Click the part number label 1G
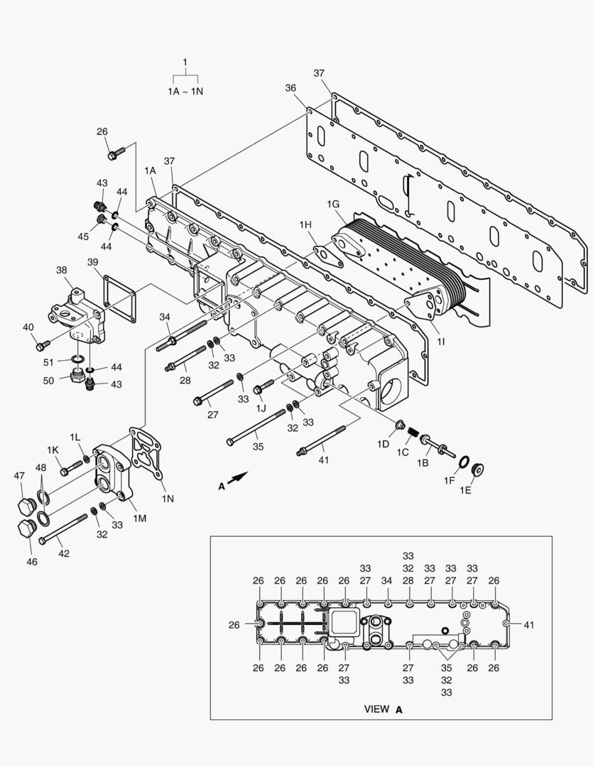pyautogui.click(x=333, y=205)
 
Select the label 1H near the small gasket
pyautogui.click(x=305, y=225)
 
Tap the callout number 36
pyautogui.click(x=290, y=87)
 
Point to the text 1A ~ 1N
pyautogui.click(x=185, y=92)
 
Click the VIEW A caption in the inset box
pyautogui.click(x=383, y=709)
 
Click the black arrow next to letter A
pyautogui.click(x=241, y=478)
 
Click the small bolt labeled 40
pyautogui.click(x=43, y=346)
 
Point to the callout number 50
pyautogui.click(x=48, y=381)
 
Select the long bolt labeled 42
pyautogui.click(x=63, y=530)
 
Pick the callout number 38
pyautogui.click(x=62, y=270)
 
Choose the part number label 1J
pyautogui.click(x=261, y=408)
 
